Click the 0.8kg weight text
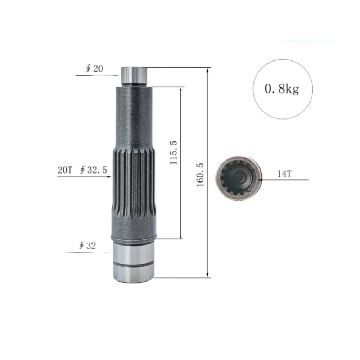coord(282,89)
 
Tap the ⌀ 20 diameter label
coord(94,69)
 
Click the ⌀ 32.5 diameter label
coord(94,170)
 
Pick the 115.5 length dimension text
coord(174,153)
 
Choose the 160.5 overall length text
coord(200,175)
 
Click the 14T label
coord(284,174)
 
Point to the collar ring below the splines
coord(134,237)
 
